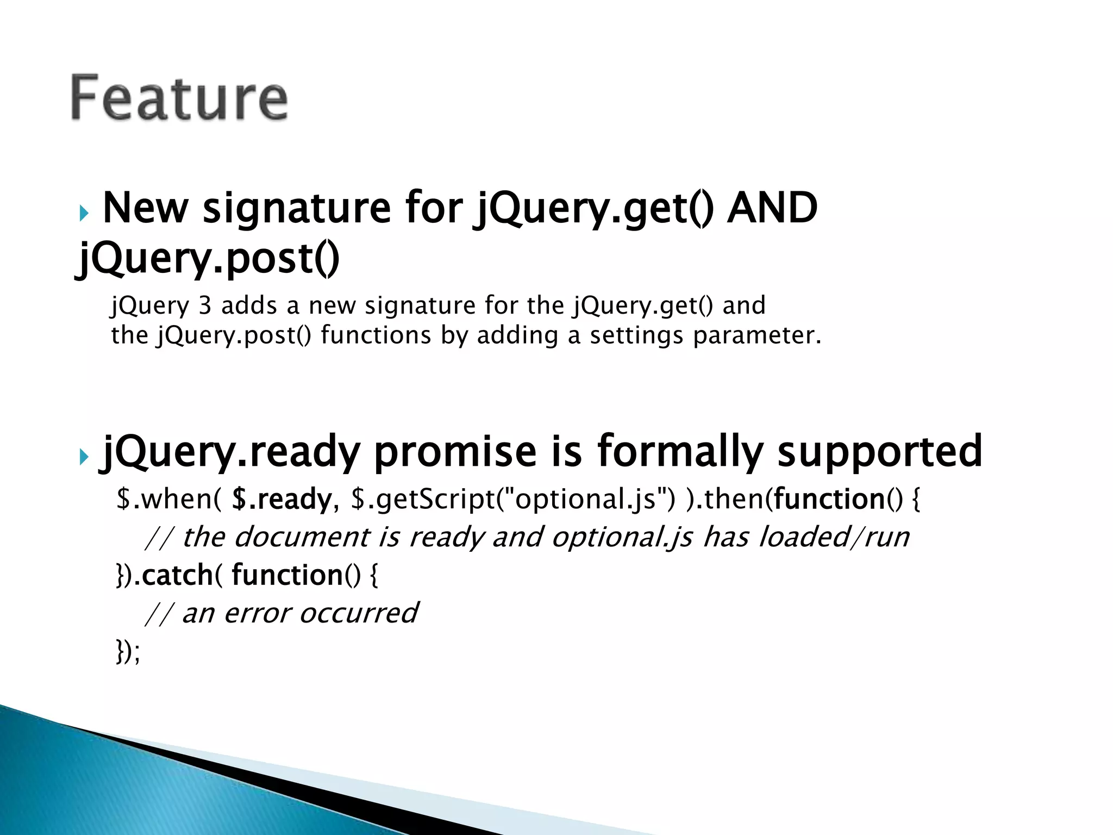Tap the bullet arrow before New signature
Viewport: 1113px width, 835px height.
pyautogui.click(x=83, y=213)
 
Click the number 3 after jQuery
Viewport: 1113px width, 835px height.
pyautogui.click(x=204, y=306)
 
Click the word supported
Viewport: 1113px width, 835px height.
pyautogui.click(x=880, y=451)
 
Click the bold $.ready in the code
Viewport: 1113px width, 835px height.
pyautogui.click(x=282, y=499)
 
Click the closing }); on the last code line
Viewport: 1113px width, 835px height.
pyautogui.click(x=128, y=651)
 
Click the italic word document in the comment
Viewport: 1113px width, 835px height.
pyautogui.click(x=302, y=537)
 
